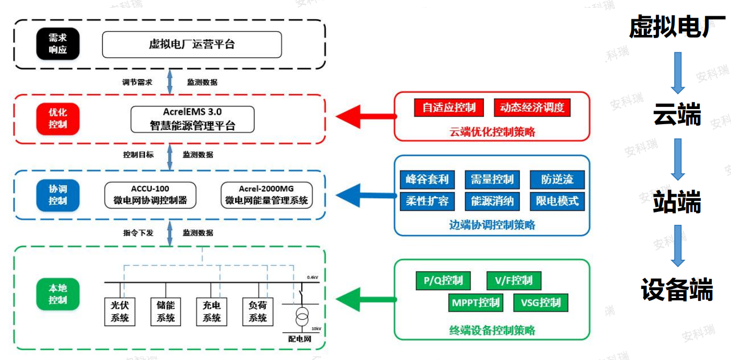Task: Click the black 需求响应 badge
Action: point(58,44)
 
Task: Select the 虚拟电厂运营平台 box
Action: point(192,44)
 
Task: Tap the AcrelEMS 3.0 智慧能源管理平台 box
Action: point(192,119)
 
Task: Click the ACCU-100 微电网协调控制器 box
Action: point(150,195)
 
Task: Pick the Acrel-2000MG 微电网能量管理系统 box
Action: point(266,195)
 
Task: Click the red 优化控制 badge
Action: point(58,119)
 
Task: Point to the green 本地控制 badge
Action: point(58,294)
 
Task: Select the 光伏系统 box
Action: point(120,311)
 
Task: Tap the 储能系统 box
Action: point(166,311)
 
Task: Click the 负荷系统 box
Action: point(258,311)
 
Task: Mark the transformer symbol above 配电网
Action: point(302,316)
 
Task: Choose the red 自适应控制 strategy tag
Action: point(449,107)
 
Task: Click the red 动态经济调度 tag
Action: point(532,107)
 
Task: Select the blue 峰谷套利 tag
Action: point(427,179)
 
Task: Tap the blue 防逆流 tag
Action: point(557,179)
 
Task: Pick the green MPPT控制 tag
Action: point(476,303)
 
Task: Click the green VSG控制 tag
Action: point(541,303)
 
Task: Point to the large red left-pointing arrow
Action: point(366,116)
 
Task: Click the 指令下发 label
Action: point(138,233)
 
